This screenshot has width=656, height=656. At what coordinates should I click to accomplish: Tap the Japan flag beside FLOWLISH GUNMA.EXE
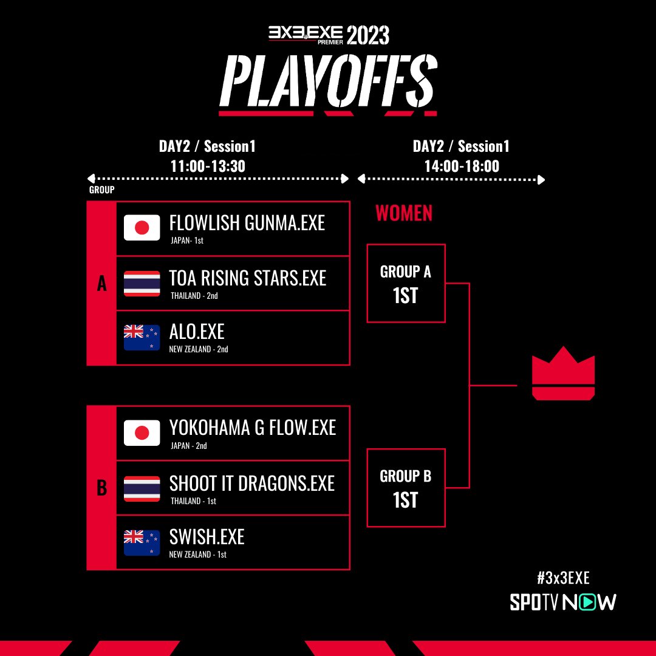142,228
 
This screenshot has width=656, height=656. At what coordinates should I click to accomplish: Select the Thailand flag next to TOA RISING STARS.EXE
142,283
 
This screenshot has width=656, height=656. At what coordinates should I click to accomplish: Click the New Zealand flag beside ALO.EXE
142,338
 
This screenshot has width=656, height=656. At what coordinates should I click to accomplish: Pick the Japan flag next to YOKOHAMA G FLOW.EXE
142,433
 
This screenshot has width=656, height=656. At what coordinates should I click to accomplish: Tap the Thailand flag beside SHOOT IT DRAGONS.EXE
142,488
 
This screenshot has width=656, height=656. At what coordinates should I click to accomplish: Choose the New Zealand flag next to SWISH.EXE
142,543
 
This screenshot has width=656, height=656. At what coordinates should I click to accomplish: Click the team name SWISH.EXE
207,537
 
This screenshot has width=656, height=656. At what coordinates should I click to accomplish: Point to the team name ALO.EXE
197,332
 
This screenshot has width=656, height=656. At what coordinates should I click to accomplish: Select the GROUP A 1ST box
406,283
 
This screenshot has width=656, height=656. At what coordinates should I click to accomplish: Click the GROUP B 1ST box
406,488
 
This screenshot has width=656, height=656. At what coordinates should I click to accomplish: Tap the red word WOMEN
404,213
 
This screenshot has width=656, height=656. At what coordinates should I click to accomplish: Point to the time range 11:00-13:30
208,166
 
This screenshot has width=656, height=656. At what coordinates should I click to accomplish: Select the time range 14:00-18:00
462,166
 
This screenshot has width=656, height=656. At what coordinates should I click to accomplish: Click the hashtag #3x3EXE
563,578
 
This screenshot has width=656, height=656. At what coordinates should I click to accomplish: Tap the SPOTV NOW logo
563,602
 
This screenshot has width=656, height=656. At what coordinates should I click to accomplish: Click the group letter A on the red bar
101,284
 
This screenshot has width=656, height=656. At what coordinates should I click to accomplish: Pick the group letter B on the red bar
101,488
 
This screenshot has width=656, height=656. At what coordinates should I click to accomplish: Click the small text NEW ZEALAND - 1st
198,555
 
